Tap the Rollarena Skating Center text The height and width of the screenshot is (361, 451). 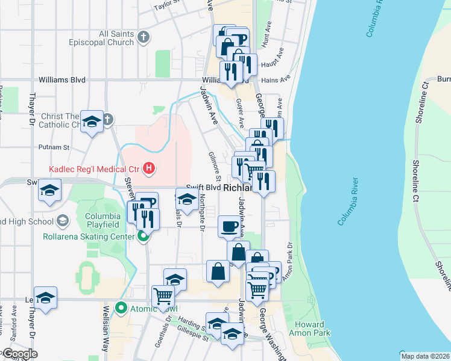pos(89,236)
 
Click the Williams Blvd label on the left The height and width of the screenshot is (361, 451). pos(61,79)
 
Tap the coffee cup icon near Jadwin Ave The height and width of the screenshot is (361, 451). pos(229,226)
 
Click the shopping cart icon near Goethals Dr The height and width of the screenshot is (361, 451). pos(163,296)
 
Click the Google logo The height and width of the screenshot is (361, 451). pos(20,354)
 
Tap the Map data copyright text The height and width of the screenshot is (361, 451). pos(425,356)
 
